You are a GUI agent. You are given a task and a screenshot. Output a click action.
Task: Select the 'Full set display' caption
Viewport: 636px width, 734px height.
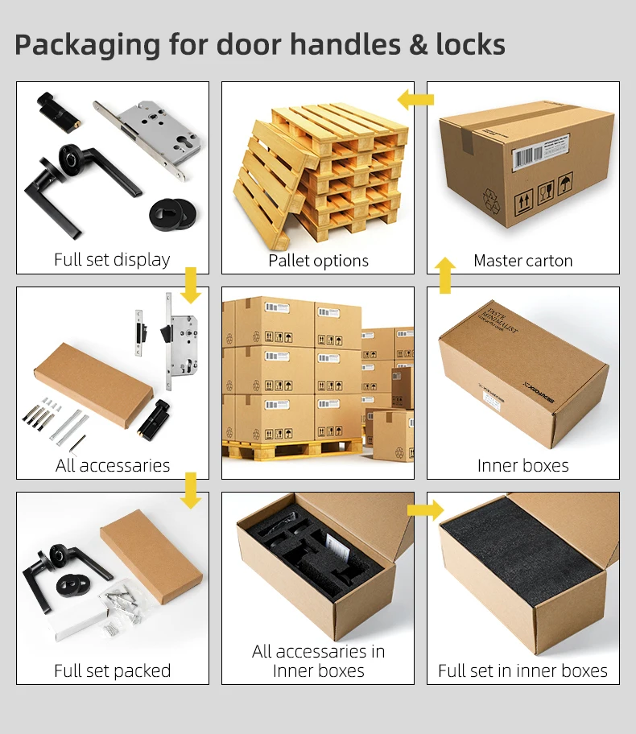(112, 259)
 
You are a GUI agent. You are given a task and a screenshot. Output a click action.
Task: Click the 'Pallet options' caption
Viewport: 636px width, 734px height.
(318, 260)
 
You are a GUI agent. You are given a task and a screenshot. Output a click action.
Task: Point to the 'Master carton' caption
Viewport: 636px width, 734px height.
(523, 260)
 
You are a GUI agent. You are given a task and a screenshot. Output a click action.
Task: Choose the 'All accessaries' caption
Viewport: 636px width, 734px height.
(113, 465)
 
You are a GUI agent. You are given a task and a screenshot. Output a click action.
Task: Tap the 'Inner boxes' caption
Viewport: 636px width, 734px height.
(523, 465)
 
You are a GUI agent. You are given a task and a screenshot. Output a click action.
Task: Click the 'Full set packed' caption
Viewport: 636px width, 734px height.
(113, 670)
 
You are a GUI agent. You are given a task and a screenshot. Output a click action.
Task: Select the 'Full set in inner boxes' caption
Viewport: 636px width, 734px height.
(523, 670)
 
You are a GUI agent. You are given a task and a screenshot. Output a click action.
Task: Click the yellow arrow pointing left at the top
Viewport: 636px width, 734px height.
(415, 100)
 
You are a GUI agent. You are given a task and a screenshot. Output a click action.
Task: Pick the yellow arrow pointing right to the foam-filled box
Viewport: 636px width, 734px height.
(425, 509)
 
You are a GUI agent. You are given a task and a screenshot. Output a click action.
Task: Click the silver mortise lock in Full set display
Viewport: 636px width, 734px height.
(142, 138)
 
